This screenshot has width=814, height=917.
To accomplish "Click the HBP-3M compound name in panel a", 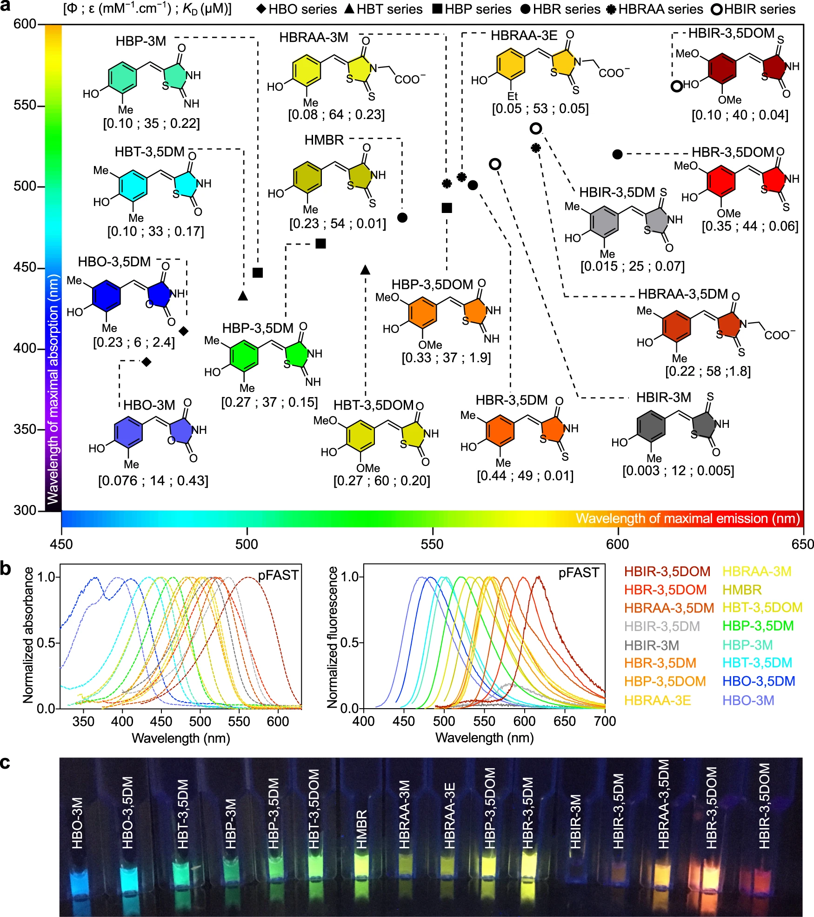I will click(141, 41).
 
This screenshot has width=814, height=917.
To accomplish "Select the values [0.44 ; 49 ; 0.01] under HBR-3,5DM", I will click(525, 476).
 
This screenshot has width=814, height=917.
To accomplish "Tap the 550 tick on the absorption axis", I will click(25, 106).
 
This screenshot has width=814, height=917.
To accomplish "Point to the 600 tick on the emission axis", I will click(617, 544).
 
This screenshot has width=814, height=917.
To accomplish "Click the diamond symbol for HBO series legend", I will click(261, 9).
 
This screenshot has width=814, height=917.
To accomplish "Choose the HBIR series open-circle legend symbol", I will click(717, 9).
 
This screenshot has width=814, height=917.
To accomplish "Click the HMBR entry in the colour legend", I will click(742, 590).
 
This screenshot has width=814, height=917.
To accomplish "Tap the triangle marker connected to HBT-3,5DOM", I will click(365, 269).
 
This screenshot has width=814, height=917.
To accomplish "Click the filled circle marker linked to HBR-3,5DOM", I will click(617, 154).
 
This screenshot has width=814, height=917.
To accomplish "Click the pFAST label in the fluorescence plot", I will click(579, 572).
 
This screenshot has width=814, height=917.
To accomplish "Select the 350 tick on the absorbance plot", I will click(84, 721).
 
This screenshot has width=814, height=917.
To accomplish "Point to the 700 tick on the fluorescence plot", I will click(605, 721).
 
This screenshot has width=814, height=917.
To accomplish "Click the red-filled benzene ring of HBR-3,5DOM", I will click(721, 180).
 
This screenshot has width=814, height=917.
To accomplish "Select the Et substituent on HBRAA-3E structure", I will click(512, 96).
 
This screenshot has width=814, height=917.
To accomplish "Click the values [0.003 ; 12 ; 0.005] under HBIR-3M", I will click(678, 471).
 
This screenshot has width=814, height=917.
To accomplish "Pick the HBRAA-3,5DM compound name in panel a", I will click(682, 294).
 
